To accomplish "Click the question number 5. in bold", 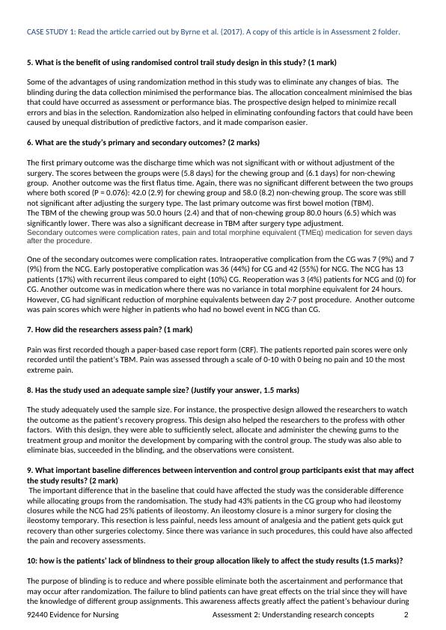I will click(x=30, y=62).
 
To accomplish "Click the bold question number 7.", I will click(x=30, y=329).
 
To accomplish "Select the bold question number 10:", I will click(x=33, y=560).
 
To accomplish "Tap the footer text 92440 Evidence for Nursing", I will click(x=73, y=615).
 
